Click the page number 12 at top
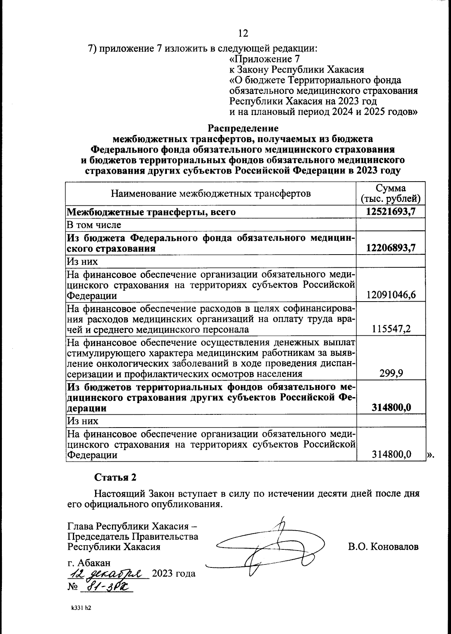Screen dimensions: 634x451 click(243, 33)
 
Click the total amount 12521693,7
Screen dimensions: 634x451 click(391, 212)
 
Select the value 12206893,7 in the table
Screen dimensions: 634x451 click(391, 248)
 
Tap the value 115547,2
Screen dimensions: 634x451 click(391, 329)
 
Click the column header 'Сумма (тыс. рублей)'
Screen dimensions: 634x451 click(391, 193)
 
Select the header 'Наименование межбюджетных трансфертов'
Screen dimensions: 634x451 click(210, 194)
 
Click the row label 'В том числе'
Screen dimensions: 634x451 click(94, 225)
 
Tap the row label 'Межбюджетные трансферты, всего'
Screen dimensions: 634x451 click(151, 212)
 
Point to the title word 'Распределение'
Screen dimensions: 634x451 click(243, 128)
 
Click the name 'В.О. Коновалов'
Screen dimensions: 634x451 click(383, 546)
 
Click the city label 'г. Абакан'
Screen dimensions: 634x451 click(89, 563)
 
